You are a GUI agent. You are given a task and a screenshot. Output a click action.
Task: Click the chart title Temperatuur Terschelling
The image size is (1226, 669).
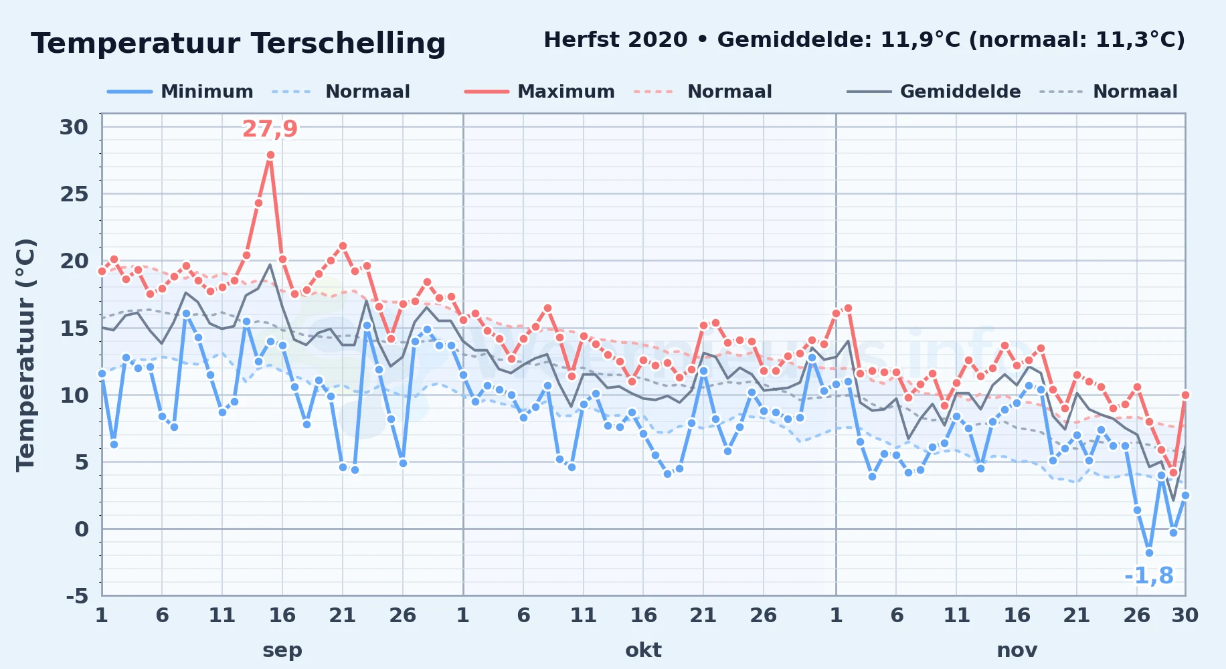click(238, 43)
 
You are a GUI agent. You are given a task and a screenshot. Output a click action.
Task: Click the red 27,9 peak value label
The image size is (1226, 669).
click(270, 128)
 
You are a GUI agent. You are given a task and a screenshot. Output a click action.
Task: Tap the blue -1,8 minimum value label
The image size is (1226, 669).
click(1149, 575)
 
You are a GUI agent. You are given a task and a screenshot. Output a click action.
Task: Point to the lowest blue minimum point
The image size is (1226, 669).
click(1149, 553)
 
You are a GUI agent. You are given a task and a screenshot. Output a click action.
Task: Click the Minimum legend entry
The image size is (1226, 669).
click(181, 92)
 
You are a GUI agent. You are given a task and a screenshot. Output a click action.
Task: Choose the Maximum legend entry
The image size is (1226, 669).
click(539, 92)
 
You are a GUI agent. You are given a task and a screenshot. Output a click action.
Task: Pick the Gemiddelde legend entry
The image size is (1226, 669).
click(934, 92)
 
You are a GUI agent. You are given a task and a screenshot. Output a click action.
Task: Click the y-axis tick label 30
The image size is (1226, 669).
click(74, 127)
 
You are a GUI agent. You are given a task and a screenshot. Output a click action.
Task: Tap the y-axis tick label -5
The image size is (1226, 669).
click(77, 595)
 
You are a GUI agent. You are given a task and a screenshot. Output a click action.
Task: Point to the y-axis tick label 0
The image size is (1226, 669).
click(81, 529)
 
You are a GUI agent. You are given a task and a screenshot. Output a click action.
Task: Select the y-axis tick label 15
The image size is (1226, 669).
click(74, 328)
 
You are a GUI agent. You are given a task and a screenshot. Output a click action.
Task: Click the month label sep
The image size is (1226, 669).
click(282, 650)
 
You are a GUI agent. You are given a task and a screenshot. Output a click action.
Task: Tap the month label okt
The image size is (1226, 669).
click(643, 650)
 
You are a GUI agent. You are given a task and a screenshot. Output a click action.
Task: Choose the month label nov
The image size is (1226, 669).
click(1017, 650)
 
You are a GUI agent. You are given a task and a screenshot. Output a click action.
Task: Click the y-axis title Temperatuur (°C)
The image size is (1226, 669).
click(25, 355)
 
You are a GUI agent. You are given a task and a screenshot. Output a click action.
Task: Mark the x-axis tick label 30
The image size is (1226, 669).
click(1185, 615)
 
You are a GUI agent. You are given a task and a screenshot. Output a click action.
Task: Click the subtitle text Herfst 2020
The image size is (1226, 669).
click(616, 40)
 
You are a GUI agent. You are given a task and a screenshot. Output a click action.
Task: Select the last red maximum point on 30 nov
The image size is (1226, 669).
click(1185, 395)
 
